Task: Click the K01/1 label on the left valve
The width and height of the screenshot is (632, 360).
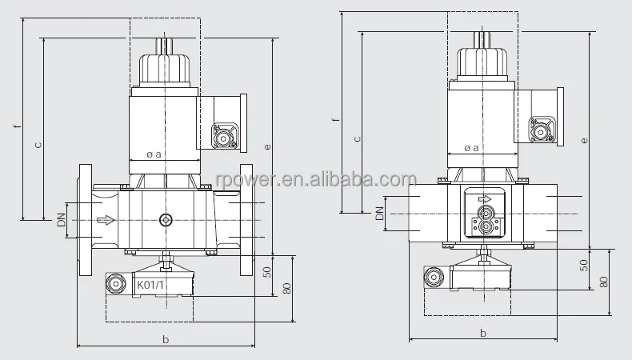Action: click(150, 285)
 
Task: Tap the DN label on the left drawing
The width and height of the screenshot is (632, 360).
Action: click(61, 220)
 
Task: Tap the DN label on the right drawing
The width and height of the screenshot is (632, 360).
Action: click(379, 214)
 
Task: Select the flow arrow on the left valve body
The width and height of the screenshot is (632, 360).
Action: click(106, 220)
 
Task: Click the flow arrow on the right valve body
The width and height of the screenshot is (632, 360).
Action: click(485, 198)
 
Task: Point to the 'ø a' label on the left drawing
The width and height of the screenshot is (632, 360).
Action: click(154, 154)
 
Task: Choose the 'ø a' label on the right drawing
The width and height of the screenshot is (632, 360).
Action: click(471, 148)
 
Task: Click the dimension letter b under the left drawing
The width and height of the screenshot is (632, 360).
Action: click(166, 339)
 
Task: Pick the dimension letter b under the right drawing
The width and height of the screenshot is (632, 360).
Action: click(483, 333)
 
